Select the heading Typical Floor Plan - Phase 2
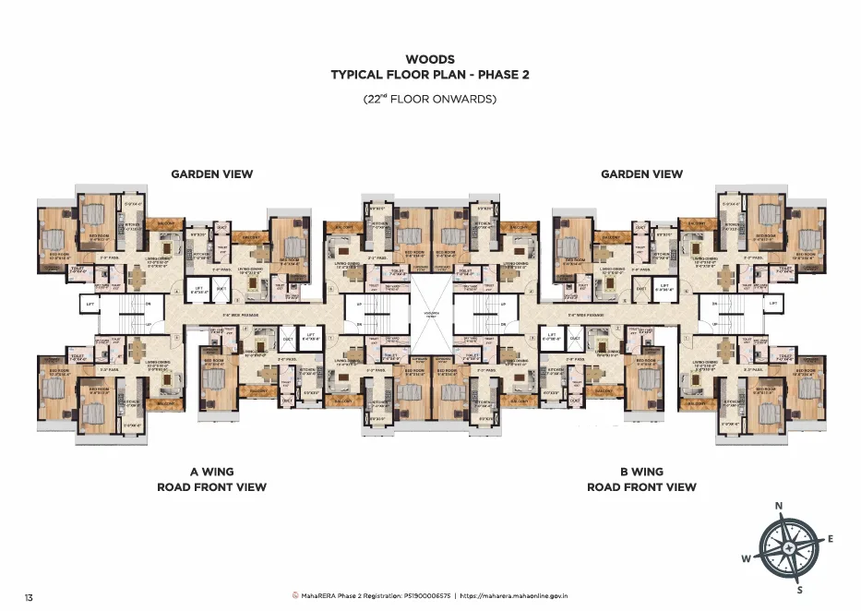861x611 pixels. [430, 75]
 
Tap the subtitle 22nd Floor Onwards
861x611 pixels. [430, 99]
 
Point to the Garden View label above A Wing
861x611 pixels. [211, 174]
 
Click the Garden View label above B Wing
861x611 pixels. [641, 174]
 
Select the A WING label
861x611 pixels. [211, 472]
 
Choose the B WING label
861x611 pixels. [641, 472]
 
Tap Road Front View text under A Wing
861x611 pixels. [211, 487]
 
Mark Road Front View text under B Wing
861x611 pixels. [641, 487]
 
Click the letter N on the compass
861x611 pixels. [779, 506]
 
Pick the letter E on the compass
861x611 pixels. [831, 539]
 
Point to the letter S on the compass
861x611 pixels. [799, 590]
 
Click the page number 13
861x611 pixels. [30, 598]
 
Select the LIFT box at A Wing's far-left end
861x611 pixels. [90, 303]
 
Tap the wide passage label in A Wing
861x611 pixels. [239, 315]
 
